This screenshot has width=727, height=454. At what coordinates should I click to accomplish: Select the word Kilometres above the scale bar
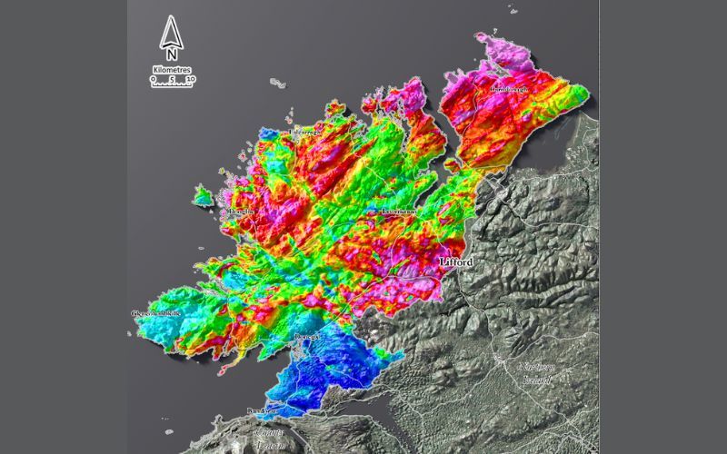[172, 70]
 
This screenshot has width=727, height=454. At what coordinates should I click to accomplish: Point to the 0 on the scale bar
[154, 79]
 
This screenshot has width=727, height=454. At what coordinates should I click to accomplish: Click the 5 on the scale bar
[174, 79]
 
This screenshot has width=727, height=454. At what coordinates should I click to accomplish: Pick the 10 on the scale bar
[190, 79]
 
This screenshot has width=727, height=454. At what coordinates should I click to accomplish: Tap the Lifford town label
[455, 262]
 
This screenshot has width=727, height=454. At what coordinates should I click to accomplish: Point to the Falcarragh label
[305, 133]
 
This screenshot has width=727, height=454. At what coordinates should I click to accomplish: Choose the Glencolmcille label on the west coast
[156, 313]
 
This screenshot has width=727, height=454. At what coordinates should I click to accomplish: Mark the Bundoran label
[262, 412]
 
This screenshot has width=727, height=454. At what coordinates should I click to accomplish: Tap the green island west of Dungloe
[204, 195]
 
